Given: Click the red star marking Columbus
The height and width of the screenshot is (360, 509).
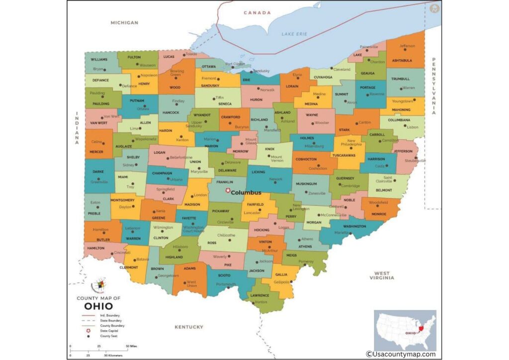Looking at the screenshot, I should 228,191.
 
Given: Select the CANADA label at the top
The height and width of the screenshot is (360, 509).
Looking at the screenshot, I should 257,12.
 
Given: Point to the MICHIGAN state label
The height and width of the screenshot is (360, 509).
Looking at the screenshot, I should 124,22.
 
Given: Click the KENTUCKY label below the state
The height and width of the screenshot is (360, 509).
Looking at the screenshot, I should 189,327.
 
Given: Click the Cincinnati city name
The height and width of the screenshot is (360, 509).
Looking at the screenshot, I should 122,253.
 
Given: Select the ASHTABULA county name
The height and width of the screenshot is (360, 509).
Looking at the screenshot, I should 402,61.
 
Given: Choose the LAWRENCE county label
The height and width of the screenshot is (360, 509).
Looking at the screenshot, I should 259,295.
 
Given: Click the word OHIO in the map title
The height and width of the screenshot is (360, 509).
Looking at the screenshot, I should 98,306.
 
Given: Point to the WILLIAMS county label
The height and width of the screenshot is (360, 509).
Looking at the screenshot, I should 99,59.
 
